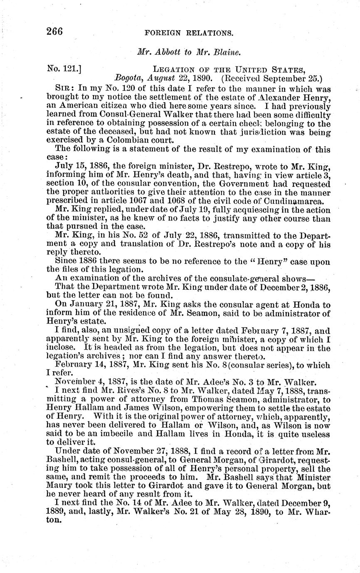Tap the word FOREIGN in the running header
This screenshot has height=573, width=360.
point(173,33)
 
